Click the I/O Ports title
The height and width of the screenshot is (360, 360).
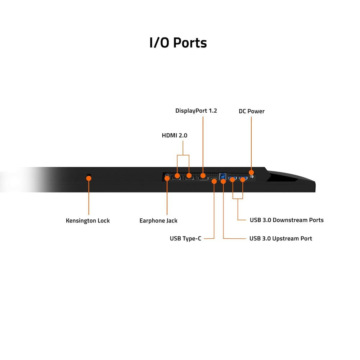point(178,42)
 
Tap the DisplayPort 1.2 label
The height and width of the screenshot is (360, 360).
point(196,111)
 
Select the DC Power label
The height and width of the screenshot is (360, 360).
point(251,111)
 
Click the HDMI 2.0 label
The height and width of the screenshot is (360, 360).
point(175,136)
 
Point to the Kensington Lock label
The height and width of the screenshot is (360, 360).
point(88,221)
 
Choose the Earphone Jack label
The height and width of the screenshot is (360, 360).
point(158,221)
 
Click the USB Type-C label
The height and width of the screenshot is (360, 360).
point(185,238)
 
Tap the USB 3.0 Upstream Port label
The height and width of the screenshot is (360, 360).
point(281,238)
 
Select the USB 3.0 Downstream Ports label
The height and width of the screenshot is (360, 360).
point(287,220)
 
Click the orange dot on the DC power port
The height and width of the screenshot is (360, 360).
point(251,173)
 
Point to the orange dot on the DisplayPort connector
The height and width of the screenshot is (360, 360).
point(203,176)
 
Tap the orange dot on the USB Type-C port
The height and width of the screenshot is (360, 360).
point(214,181)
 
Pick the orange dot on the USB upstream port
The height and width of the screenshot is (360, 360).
point(223,181)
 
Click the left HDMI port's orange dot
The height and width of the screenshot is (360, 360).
point(177,176)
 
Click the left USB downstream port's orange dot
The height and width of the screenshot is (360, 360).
point(233,179)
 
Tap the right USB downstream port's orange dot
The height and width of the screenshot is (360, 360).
point(243,179)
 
